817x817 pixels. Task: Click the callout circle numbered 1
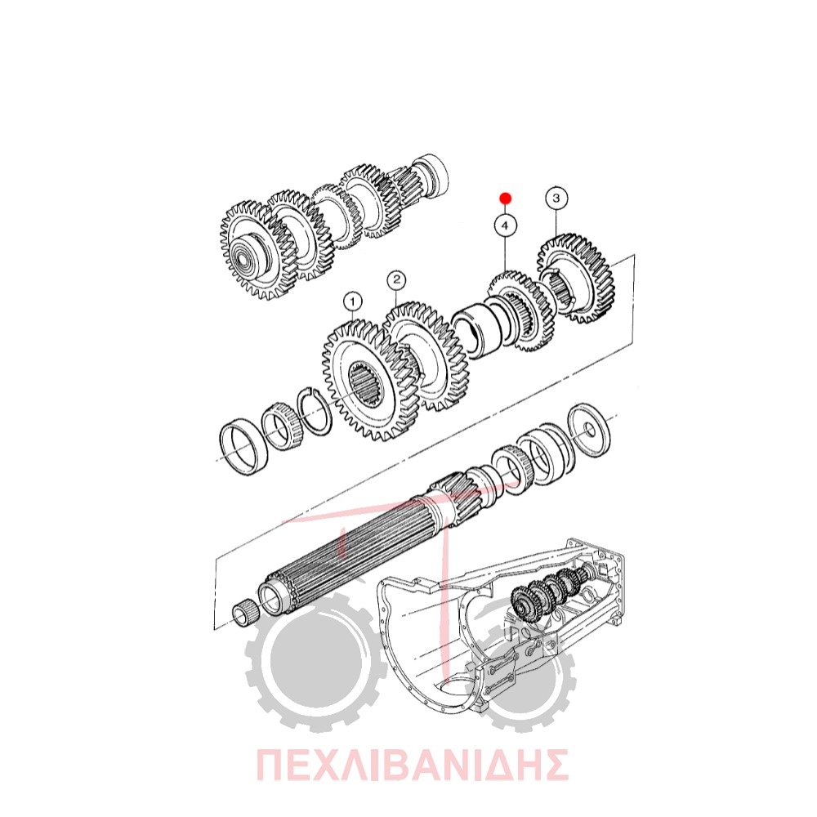click(x=353, y=301)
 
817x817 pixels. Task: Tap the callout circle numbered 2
click(x=396, y=280)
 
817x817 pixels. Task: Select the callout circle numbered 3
click(x=556, y=199)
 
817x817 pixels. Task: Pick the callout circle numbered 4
click(x=504, y=226)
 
